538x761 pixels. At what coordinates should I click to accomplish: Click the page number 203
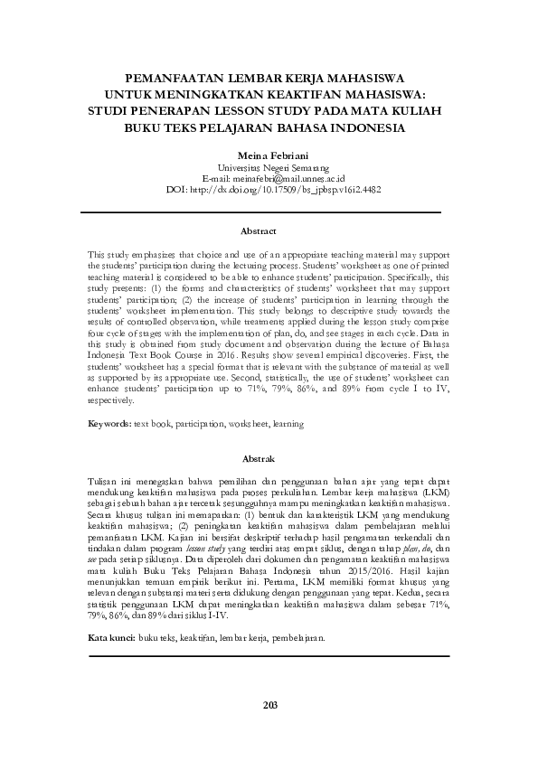click(269, 729)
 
